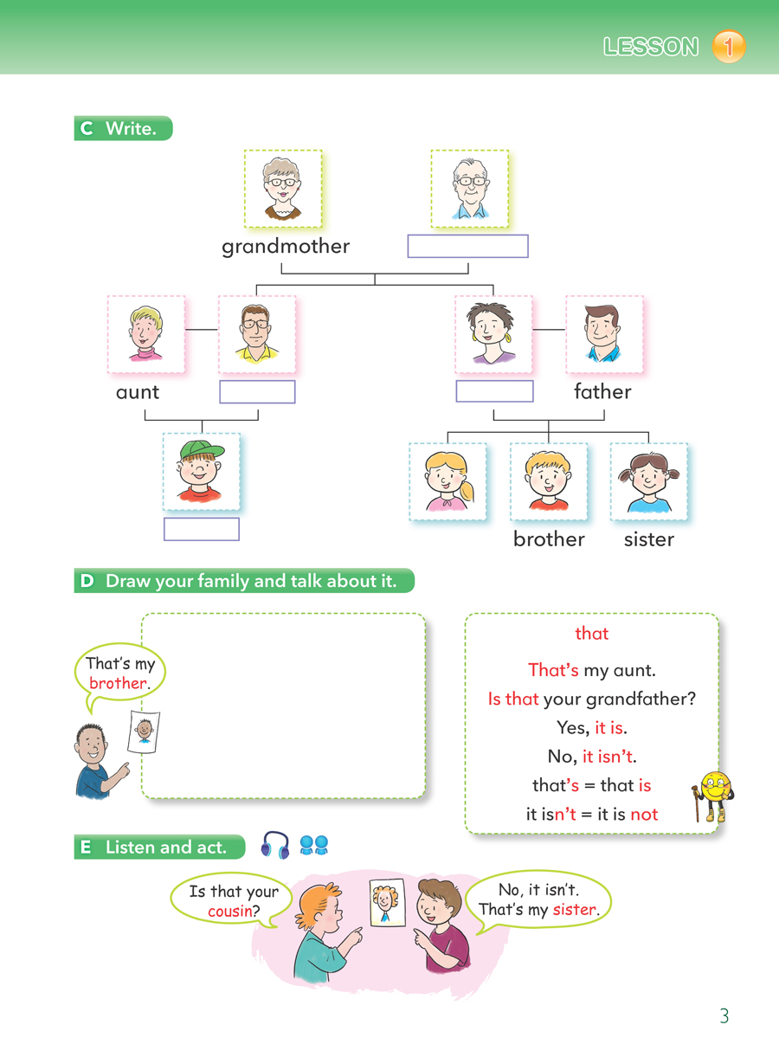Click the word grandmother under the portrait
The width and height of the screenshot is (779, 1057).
286,247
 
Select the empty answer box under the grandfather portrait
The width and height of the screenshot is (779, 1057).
467,246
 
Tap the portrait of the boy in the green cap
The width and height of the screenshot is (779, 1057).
201,472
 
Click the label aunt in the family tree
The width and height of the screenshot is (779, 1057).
138,392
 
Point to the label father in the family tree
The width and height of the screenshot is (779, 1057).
602,392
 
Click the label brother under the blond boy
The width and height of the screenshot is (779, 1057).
549,539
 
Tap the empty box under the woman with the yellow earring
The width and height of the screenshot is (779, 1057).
494,390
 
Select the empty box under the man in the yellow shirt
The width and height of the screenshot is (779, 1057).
257,391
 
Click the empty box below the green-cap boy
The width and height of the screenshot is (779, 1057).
202,529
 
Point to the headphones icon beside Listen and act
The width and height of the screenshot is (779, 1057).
275,846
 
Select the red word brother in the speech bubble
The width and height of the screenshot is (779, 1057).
118,683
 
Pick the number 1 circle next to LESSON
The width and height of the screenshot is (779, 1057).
728,47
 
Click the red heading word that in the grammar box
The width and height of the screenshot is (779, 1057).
592,634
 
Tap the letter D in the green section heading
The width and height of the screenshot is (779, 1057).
86,582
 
